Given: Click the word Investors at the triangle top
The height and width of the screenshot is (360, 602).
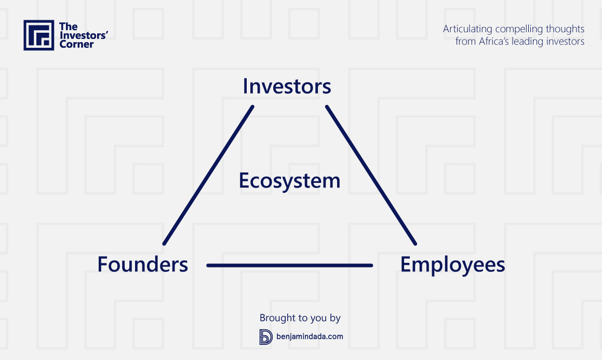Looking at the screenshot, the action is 287,86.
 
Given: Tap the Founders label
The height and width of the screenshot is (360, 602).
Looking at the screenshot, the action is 142,264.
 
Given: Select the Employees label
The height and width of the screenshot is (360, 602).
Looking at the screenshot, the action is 452,265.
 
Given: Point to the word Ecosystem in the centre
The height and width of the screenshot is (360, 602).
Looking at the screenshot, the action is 289,181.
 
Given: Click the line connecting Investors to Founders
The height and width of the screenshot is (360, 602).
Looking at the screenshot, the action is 208,175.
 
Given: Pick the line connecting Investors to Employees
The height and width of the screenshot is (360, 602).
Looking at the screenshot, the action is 371,175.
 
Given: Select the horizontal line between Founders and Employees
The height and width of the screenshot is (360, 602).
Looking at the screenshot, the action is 289,265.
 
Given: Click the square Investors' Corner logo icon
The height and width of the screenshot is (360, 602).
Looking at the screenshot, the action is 39,35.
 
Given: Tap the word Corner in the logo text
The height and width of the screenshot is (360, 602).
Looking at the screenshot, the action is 76,45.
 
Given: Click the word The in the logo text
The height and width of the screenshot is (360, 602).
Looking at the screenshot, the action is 69,26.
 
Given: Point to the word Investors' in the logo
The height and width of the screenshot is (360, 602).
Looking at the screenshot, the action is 84,35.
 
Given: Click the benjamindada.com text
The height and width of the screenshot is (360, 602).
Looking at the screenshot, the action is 310,337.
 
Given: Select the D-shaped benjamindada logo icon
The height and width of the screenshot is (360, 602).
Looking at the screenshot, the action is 265,337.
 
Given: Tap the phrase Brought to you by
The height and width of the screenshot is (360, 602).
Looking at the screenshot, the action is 300,318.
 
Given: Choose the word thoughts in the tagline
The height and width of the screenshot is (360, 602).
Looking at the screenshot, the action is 565,30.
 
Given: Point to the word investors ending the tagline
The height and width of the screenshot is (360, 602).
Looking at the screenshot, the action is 564,42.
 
